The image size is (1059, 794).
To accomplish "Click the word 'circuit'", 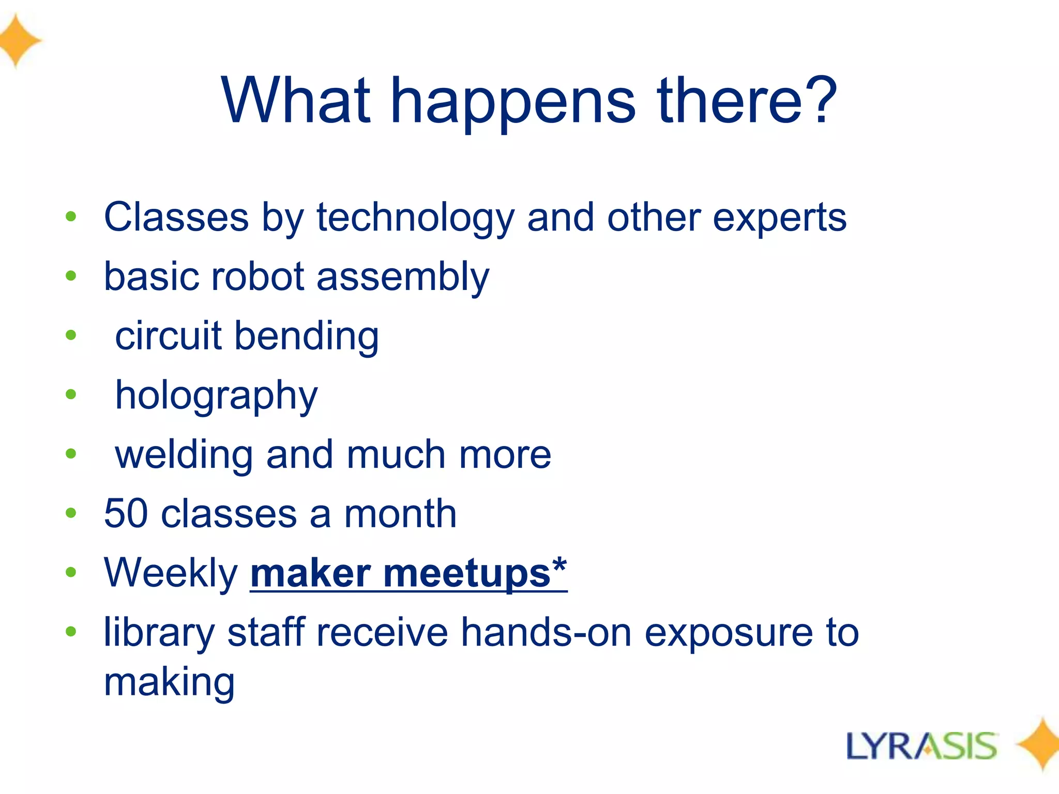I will (168, 336).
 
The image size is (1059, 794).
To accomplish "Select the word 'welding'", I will (184, 455).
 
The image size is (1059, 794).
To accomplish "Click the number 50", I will (126, 514).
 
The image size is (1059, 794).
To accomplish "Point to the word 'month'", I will (400, 514).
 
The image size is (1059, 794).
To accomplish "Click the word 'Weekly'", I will (171, 574).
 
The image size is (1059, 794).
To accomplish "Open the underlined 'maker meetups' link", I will (409, 574).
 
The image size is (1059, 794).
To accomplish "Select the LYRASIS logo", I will (921, 746).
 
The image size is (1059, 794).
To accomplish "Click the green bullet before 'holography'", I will (71, 395).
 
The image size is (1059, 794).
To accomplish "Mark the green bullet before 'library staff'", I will (71, 631).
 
